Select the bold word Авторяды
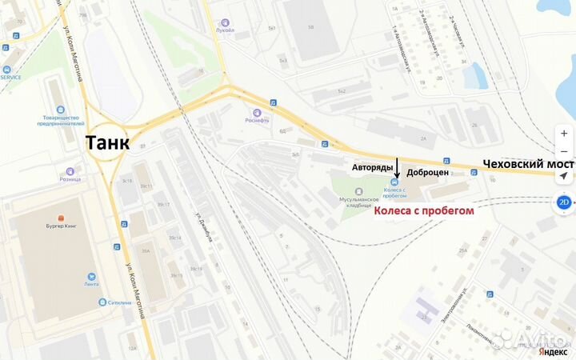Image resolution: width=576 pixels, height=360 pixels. (x=373, y=168)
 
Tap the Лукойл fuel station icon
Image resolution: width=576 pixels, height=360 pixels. (x=226, y=23)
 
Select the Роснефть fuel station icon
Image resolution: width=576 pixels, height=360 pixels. (x=257, y=112)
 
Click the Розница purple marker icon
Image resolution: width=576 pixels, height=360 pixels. (x=70, y=170)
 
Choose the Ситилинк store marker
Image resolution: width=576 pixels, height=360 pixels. (x=102, y=302)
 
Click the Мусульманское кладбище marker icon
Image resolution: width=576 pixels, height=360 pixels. (x=357, y=191)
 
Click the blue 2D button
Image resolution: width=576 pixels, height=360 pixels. (x=564, y=202)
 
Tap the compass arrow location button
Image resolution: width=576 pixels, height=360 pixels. (x=564, y=175)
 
